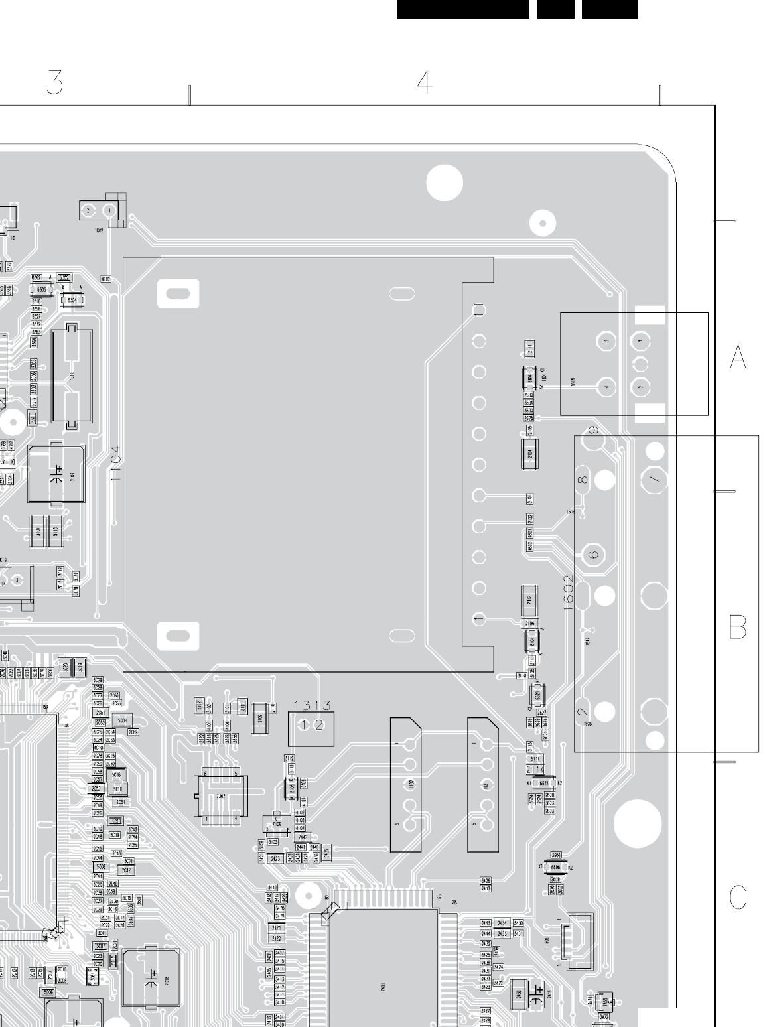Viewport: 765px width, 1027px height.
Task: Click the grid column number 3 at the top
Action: [55, 82]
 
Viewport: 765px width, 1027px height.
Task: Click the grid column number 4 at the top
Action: [425, 82]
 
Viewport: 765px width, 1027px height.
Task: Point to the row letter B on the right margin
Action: [738, 627]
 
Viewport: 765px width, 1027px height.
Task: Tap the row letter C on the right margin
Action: [738, 897]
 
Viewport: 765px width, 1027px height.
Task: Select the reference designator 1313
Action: [312, 706]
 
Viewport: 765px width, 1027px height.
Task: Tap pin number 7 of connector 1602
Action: [655, 480]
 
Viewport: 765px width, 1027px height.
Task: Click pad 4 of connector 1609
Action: [606, 385]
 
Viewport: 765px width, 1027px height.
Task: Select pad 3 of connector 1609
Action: [606, 342]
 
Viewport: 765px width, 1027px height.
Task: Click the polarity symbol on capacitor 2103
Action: [58, 475]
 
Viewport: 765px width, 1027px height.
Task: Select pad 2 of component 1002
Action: [88, 211]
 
